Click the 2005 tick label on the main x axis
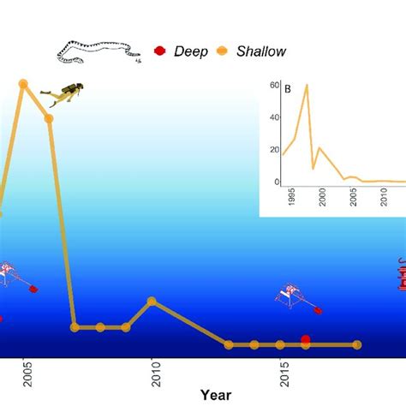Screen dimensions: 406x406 [27, 374]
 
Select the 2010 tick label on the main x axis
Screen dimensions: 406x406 [156, 374]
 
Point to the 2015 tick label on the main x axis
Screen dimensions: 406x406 [284, 374]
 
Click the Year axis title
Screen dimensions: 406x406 [216, 395]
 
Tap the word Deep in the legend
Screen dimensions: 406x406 [191, 51]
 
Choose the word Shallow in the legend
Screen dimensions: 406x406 [261, 51]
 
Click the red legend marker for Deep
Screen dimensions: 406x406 [160, 51]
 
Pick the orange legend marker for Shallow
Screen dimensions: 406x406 [222, 51]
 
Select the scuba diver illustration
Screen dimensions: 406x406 [63, 94]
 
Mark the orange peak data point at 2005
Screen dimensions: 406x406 [23, 84]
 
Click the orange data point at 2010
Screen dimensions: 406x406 [152, 302]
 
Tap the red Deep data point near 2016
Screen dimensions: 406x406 [306, 339]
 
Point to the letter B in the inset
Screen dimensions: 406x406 [288, 89]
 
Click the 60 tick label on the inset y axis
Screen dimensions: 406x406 [274, 85]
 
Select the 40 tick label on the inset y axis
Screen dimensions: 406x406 [274, 117]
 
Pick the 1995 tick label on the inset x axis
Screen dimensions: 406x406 [291, 197]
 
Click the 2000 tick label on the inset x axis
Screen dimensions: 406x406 [322, 197]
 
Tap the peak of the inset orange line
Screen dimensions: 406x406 [307, 85]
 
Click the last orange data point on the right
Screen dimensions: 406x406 [357, 345]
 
